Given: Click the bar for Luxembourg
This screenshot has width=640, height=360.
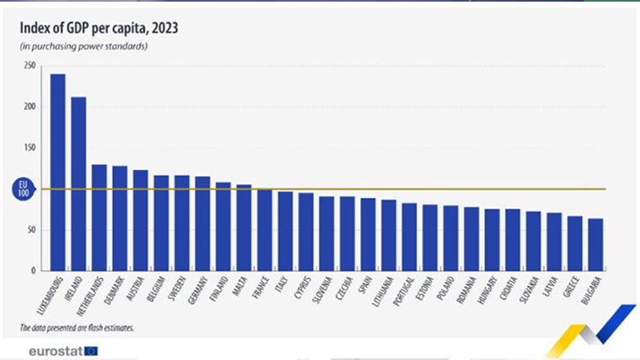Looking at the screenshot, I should pyautogui.click(x=58, y=172).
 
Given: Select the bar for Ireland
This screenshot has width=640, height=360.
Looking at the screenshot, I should pyautogui.click(x=79, y=183).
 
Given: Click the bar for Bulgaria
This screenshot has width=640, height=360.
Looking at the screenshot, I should pyautogui.click(x=596, y=244).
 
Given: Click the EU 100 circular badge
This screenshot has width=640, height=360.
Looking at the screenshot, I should pyautogui.click(x=24, y=189).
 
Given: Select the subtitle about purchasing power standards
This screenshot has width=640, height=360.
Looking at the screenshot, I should pyautogui.click(x=83, y=46).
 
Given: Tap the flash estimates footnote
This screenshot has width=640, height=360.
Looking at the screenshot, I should pyautogui.click(x=78, y=328).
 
